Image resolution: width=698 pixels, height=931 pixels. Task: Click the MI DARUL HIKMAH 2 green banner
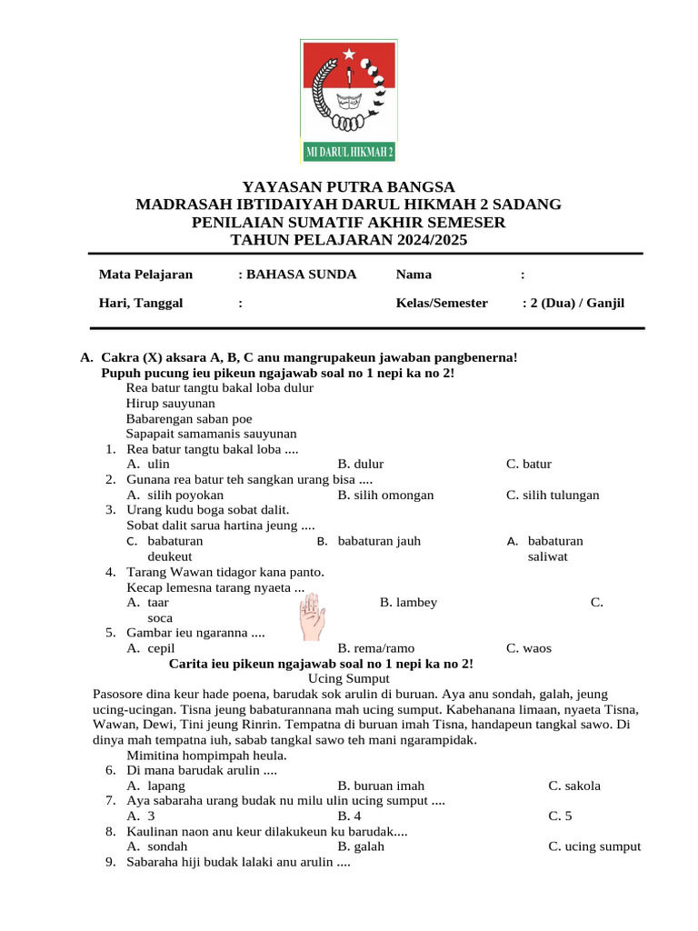click(x=349, y=151)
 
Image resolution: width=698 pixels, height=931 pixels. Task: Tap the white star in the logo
click(x=349, y=55)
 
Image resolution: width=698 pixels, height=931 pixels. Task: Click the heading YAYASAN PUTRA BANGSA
click(x=348, y=186)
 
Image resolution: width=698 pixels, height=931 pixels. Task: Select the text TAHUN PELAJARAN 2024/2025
click(x=348, y=240)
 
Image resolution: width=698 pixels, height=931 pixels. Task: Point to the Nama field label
click(x=414, y=275)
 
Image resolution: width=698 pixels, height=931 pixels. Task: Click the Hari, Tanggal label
click(x=140, y=303)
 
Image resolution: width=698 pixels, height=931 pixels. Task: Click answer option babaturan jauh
click(x=379, y=541)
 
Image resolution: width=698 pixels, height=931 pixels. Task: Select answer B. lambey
click(x=408, y=602)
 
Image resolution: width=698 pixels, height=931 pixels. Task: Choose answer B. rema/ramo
click(x=375, y=648)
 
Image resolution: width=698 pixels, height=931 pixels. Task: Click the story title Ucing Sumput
click(x=349, y=678)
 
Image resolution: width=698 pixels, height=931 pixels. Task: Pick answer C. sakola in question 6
click(x=574, y=786)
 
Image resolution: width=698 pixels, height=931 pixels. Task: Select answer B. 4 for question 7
click(x=350, y=816)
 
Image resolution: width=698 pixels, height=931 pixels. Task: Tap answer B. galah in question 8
click(x=361, y=846)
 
